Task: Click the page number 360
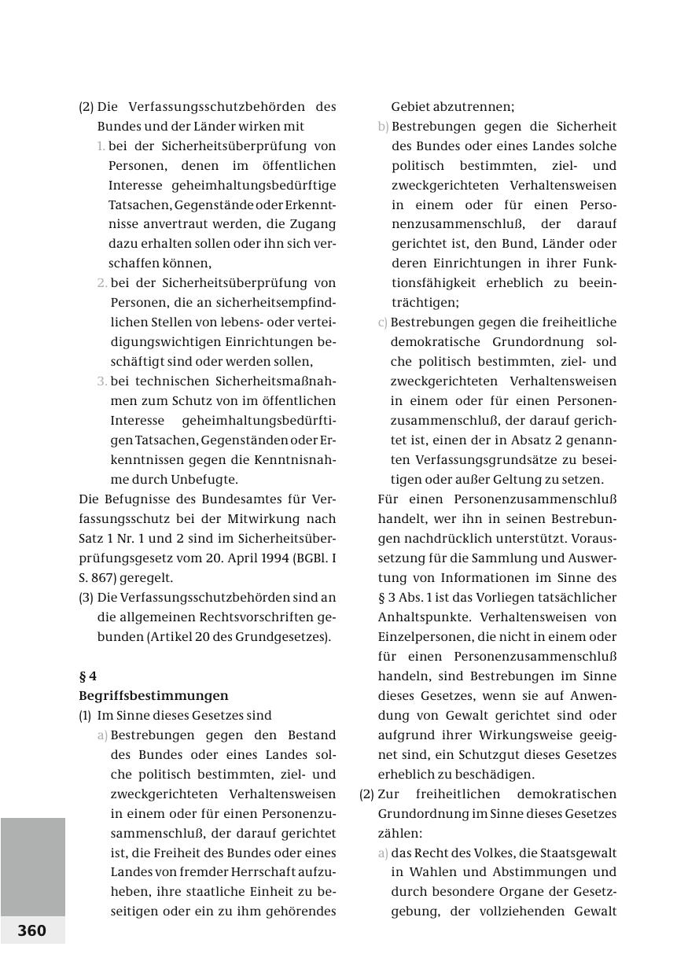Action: click(x=32, y=930)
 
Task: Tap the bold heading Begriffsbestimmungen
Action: click(x=153, y=695)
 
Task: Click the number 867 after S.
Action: click(x=101, y=577)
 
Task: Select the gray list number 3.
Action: click(x=102, y=381)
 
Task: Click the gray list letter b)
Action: click(x=383, y=127)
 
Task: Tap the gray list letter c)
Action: click(x=383, y=322)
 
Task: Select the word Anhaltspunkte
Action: click(x=422, y=617)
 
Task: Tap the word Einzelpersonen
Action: click(x=423, y=636)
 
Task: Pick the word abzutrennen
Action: click(x=452, y=107)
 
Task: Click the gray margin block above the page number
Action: click(x=32, y=865)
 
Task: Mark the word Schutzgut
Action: click(x=494, y=754)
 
